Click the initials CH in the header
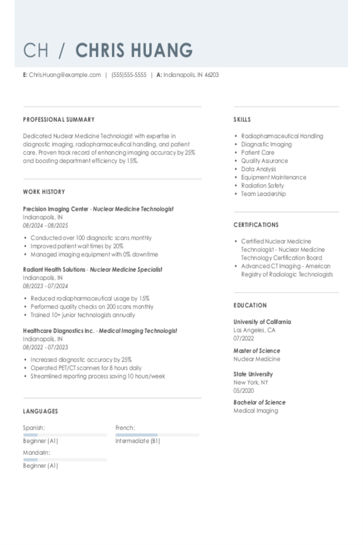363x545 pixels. pyautogui.click(x=35, y=50)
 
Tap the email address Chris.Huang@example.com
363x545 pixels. pyautogui.click(x=65, y=75)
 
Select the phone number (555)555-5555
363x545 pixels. pyautogui.click(x=129, y=75)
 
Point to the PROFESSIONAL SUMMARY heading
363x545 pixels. pyautogui.click(x=59, y=120)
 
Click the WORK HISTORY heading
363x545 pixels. pyautogui.click(x=44, y=192)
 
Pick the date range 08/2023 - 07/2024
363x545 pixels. pyautogui.click(x=45, y=286)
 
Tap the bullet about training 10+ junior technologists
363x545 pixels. pyautogui.click(x=83, y=315)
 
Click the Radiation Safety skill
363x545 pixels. pyautogui.click(x=262, y=185)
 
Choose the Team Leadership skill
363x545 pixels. pyautogui.click(x=263, y=194)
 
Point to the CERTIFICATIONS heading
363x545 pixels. pyautogui.click(x=256, y=225)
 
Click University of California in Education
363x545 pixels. pyautogui.click(x=262, y=322)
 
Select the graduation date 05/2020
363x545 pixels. pyautogui.click(x=243, y=391)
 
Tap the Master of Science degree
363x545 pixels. pyautogui.click(x=257, y=351)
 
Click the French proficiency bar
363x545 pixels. pyautogui.click(x=157, y=435)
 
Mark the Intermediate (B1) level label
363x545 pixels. pyautogui.click(x=138, y=441)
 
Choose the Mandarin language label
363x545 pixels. pyautogui.click(x=36, y=453)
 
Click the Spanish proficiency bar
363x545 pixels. pyautogui.click(x=65, y=435)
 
